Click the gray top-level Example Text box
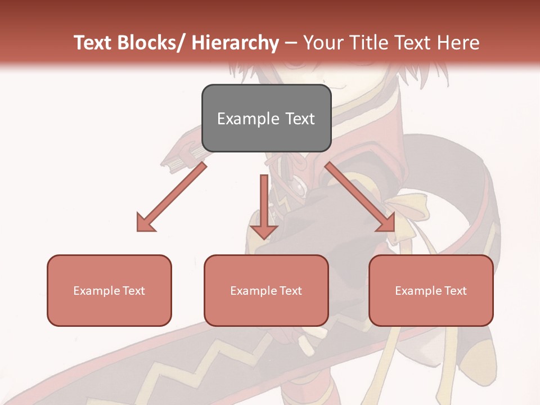pyautogui.click(x=266, y=118)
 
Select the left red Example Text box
pyautogui.click(x=109, y=290)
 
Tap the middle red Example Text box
pyautogui.click(x=266, y=290)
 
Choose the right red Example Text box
pyautogui.click(x=431, y=290)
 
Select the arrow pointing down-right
pyautogui.click(x=360, y=197)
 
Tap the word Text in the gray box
pyautogui.click(x=299, y=119)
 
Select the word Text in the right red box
pyautogui.click(x=455, y=291)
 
